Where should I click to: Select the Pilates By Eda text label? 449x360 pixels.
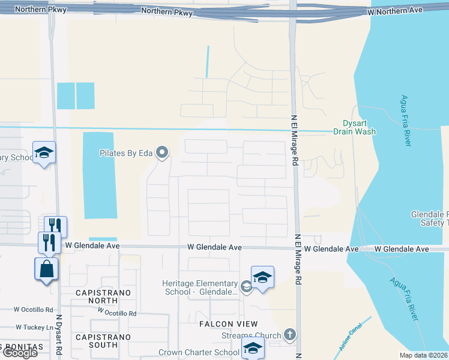[127, 153]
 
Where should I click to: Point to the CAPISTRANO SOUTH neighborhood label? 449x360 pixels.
[96, 341]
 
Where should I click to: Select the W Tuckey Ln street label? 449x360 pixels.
[35, 327]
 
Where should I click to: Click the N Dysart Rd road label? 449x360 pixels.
[59, 340]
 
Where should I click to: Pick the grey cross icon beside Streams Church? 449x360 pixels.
[289, 335]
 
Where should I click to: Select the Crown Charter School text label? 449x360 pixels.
[199, 353]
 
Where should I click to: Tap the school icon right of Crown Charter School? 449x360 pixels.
[253, 348]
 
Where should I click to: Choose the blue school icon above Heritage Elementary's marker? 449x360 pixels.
[262, 277]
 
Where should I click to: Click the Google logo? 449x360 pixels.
[20, 353]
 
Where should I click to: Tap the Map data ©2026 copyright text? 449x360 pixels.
[423, 355]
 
